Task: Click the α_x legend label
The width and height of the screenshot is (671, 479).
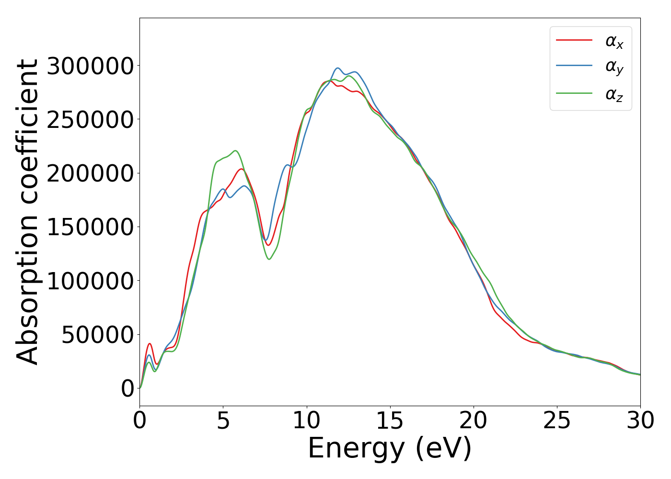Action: pos(614,41)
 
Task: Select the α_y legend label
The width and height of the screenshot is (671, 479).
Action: pos(614,67)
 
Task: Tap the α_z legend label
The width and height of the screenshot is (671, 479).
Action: pos(614,94)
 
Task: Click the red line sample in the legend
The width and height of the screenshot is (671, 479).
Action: pos(574,40)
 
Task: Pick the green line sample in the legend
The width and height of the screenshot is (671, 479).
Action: pos(574,93)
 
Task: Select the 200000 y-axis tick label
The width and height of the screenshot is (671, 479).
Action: pos(90,173)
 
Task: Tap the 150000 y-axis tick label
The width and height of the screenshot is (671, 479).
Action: pos(90,227)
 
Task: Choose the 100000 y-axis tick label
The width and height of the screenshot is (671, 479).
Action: pos(90,281)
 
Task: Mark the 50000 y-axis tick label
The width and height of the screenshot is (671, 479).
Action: pos(97,335)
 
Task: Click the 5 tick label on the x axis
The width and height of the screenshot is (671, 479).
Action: pos(223,421)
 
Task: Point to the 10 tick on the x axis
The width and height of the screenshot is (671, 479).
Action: pos(306,421)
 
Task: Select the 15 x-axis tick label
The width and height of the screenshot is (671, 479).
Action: pos(390,421)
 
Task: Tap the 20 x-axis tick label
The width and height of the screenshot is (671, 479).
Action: pos(473,421)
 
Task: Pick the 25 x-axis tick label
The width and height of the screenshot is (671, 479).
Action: pos(556,421)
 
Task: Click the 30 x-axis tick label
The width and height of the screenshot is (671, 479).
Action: pos(640,421)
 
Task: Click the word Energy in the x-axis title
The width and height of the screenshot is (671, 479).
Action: pos(356,449)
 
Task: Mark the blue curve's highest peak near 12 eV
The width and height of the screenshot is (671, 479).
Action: pos(337,68)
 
